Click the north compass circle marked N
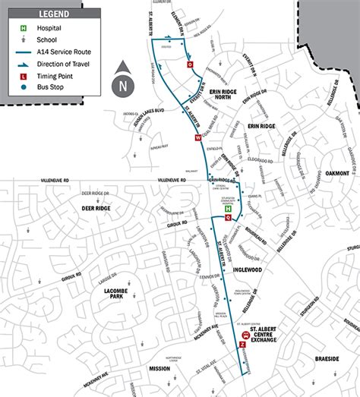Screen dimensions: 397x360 (x=123, y=86)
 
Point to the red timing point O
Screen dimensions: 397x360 (x=190, y=65)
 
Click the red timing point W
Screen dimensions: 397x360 (x=198, y=138)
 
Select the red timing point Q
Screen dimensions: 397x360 (x=228, y=217)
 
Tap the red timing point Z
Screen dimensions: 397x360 (x=242, y=344)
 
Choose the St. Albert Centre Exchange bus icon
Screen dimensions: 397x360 (x=245, y=334)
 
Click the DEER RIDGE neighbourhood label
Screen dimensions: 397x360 (x=96, y=208)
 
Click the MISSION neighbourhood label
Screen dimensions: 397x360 (x=159, y=368)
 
